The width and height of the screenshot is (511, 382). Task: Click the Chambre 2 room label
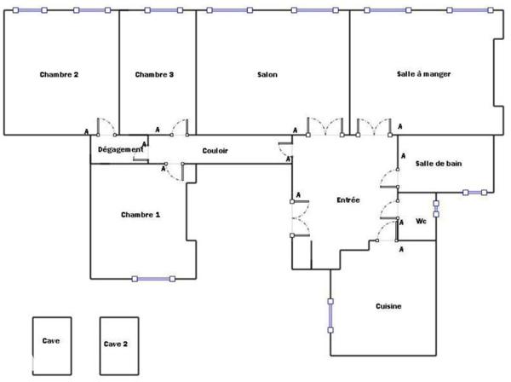tap(59, 75)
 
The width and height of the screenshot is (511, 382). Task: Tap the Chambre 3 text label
tap(154, 75)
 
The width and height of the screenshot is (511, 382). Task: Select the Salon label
tap(267, 75)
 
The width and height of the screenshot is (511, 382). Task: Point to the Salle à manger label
tap(423, 74)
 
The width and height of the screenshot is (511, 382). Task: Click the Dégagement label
tap(121, 150)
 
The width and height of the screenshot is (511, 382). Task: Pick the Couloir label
tap(215, 151)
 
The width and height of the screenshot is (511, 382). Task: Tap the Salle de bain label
tap(439, 164)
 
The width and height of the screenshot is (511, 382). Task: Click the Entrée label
tap(348, 200)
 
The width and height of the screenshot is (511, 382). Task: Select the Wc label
tap(421, 221)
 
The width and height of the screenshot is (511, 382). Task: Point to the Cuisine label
tap(388, 306)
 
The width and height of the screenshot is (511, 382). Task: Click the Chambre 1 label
tap(141, 215)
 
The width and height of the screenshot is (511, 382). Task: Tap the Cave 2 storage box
tap(119, 346)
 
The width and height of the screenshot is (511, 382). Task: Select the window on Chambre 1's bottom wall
tap(153, 279)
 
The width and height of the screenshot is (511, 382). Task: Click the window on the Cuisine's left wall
tap(330, 315)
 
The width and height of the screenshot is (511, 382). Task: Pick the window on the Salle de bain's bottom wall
tap(475, 193)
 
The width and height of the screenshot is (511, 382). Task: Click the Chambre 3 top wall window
tap(164, 10)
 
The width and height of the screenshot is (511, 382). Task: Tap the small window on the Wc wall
tap(436, 209)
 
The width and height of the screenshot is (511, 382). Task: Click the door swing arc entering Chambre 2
tap(106, 126)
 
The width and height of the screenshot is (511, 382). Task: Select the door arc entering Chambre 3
tap(180, 127)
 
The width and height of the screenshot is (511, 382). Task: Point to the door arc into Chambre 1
tap(175, 172)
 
